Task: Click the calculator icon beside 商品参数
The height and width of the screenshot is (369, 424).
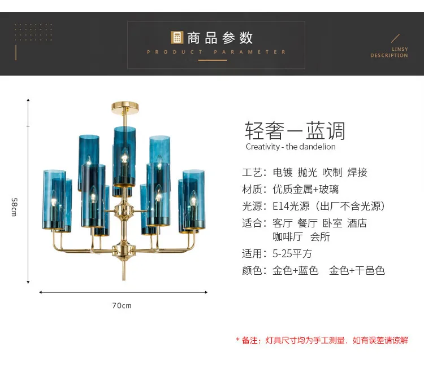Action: tap(177, 38)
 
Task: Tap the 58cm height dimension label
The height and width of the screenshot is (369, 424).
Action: tap(14, 207)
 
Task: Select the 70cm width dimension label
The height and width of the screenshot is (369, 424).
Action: tap(122, 306)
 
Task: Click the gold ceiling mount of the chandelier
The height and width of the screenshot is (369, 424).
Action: tap(125, 107)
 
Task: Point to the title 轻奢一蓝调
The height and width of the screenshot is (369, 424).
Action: tap(295, 131)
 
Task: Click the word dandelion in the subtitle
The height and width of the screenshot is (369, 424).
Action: tap(318, 147)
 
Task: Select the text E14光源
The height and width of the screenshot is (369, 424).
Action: tap(291, 207)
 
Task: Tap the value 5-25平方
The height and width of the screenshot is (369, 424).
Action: tap(292, 254)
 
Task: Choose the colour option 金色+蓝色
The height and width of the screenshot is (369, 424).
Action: tap(296, 270)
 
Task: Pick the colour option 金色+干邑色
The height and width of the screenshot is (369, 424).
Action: tap(357, 270)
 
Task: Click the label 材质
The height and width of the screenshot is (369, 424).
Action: tap(252, 189)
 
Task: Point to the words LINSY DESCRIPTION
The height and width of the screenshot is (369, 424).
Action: tap(389, 52)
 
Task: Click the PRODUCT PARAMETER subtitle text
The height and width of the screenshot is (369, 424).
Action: tap(217, 52)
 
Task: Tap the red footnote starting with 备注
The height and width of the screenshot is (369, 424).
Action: tap(322, 340)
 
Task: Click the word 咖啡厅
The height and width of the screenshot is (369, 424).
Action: tap(288, 237)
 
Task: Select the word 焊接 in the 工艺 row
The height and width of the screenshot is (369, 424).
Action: tap(357, 172)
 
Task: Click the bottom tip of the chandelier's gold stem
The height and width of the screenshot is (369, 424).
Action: tap(124, 280)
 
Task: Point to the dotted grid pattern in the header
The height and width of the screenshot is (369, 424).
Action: tap(33, 32)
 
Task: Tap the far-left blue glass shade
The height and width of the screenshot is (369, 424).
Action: tap(54, 200)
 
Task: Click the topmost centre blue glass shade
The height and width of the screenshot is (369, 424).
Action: tap(125, 156)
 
